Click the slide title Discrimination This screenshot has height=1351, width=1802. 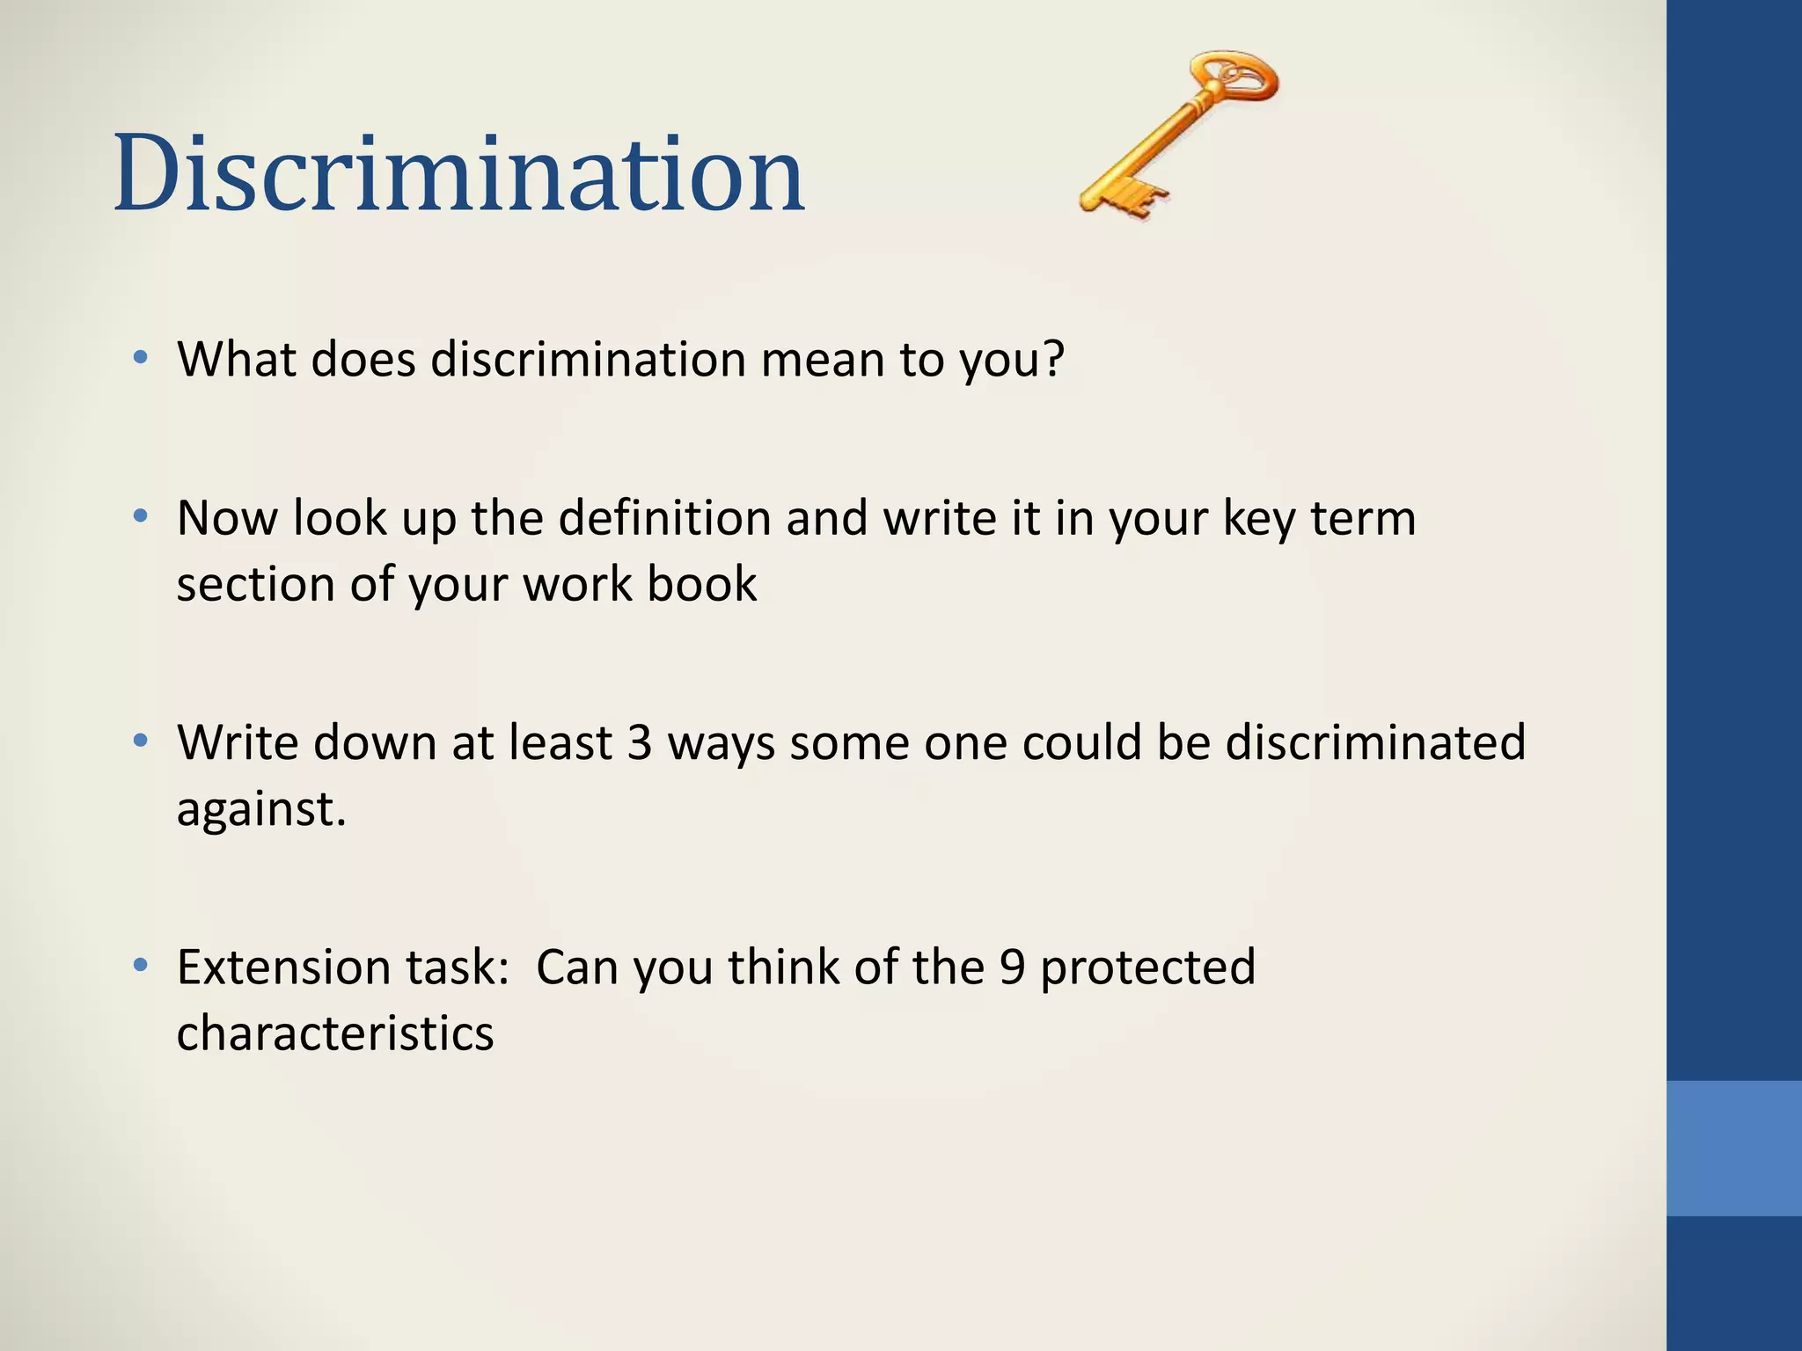pos(458,173)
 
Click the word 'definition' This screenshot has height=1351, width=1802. pos(664,518)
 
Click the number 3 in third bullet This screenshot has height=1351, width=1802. pos(640,742)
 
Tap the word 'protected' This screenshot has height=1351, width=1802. pos(1147,967)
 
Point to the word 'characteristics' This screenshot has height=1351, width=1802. pos(334,1033)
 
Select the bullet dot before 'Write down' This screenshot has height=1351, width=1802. pos(140,741)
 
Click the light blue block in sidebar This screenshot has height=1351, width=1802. pos(1734,1148)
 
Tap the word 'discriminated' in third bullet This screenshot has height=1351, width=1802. pos(1375,742)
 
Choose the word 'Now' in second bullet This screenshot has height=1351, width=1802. pos(226,518)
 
